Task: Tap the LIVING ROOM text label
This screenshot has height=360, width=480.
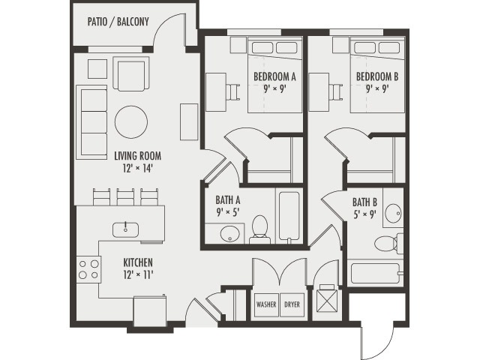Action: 137,157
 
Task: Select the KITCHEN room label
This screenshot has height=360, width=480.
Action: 138,262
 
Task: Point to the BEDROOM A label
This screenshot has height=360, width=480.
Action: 274,76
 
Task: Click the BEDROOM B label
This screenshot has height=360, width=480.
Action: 376,76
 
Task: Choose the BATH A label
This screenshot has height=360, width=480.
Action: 227,200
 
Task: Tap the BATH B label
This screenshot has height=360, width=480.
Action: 364,202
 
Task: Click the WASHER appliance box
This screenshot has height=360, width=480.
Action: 266,305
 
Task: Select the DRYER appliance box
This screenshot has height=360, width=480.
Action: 293,305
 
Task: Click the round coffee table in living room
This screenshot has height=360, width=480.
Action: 131,121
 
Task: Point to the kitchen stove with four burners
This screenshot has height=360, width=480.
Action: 89,268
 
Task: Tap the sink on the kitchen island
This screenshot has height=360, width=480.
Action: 125,228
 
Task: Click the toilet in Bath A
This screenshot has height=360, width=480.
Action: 260,226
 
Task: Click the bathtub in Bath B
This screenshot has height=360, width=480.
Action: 376,272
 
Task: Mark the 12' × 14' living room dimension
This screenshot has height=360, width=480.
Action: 137,168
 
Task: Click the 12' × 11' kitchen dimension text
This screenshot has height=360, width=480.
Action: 138,274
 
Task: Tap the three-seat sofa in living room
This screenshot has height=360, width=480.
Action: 92,122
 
